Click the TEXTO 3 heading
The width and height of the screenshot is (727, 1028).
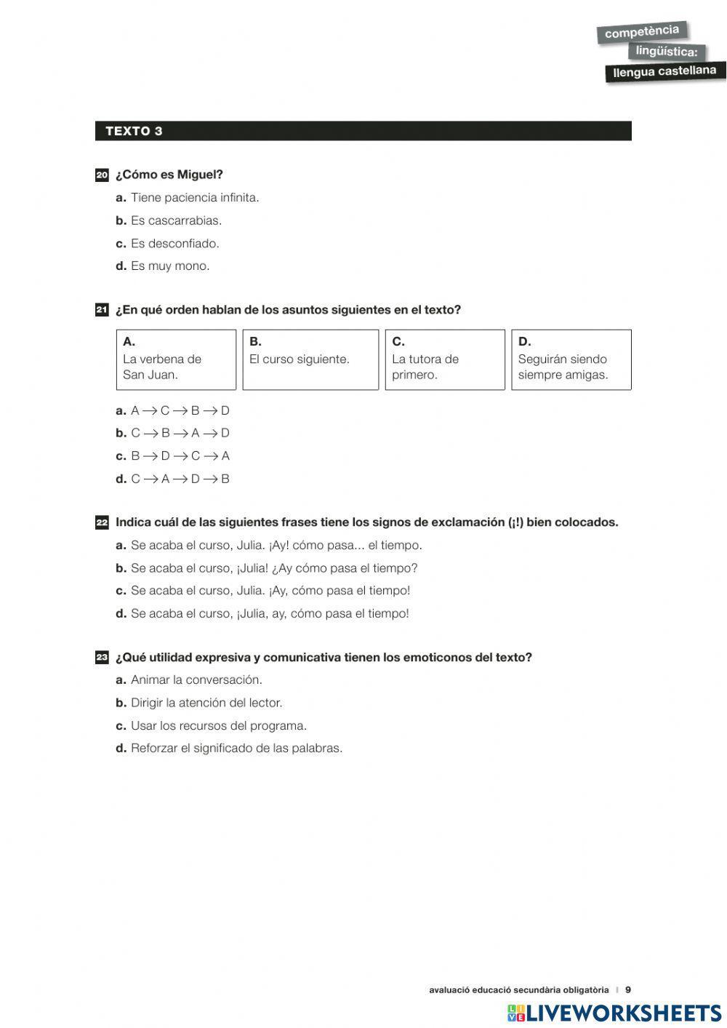point(134,131)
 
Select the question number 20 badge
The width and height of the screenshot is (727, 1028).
point(102,175)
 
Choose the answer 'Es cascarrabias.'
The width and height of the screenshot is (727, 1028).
point(175,220)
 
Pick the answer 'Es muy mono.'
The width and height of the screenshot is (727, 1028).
point(169,266)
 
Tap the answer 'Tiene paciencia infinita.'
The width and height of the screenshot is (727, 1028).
point(194,198)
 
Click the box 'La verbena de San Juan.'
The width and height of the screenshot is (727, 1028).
point(176,360)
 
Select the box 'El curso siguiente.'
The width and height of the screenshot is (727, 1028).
point(310,360)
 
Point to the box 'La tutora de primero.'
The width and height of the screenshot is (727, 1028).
point(444,360)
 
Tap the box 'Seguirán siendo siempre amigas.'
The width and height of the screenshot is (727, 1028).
point(571,360)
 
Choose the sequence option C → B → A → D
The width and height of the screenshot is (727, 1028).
point(180,434)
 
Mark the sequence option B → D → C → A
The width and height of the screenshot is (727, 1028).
point(180,456)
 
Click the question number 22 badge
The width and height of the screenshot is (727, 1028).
point(102,522)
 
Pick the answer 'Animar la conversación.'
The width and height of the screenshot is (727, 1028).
point(196,680)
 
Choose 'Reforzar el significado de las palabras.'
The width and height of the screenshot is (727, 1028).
point(236,749)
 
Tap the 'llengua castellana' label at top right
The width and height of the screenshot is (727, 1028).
point(665,71)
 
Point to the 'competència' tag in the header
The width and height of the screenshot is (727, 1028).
point(642,32)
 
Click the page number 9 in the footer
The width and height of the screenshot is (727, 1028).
point(628,989)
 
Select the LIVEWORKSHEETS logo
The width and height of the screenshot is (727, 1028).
point(614,1013)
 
